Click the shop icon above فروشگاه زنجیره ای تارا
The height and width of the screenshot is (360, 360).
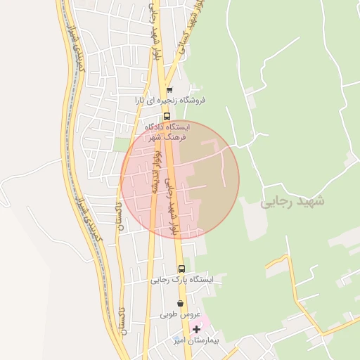click(x=169, y=89)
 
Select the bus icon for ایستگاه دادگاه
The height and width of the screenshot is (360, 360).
click(x=167, y=117)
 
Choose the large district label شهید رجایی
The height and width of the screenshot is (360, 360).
click(x=293, y=201)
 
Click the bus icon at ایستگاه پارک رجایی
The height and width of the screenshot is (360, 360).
click(x=181, y=269)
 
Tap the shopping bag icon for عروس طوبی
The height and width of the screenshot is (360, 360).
click(x=181, y=303)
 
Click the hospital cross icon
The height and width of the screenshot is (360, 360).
click(x=196, y=329)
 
